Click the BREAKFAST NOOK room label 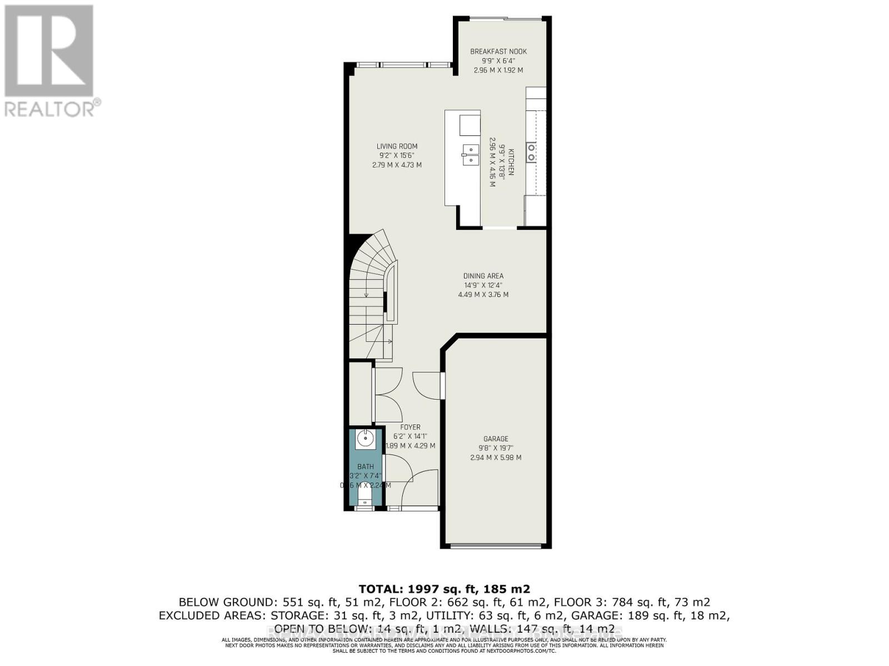[498, 52]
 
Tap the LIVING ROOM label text [397, 147]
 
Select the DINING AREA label [483, 276]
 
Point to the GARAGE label [496, 438]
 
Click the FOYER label [410, 427]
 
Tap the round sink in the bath [365, 438]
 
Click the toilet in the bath [365, 494]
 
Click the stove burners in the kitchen [531, 152]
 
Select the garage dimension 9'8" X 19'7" [496, 448]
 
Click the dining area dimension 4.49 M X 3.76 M [483, 295]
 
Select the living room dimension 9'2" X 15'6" [397, 155]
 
